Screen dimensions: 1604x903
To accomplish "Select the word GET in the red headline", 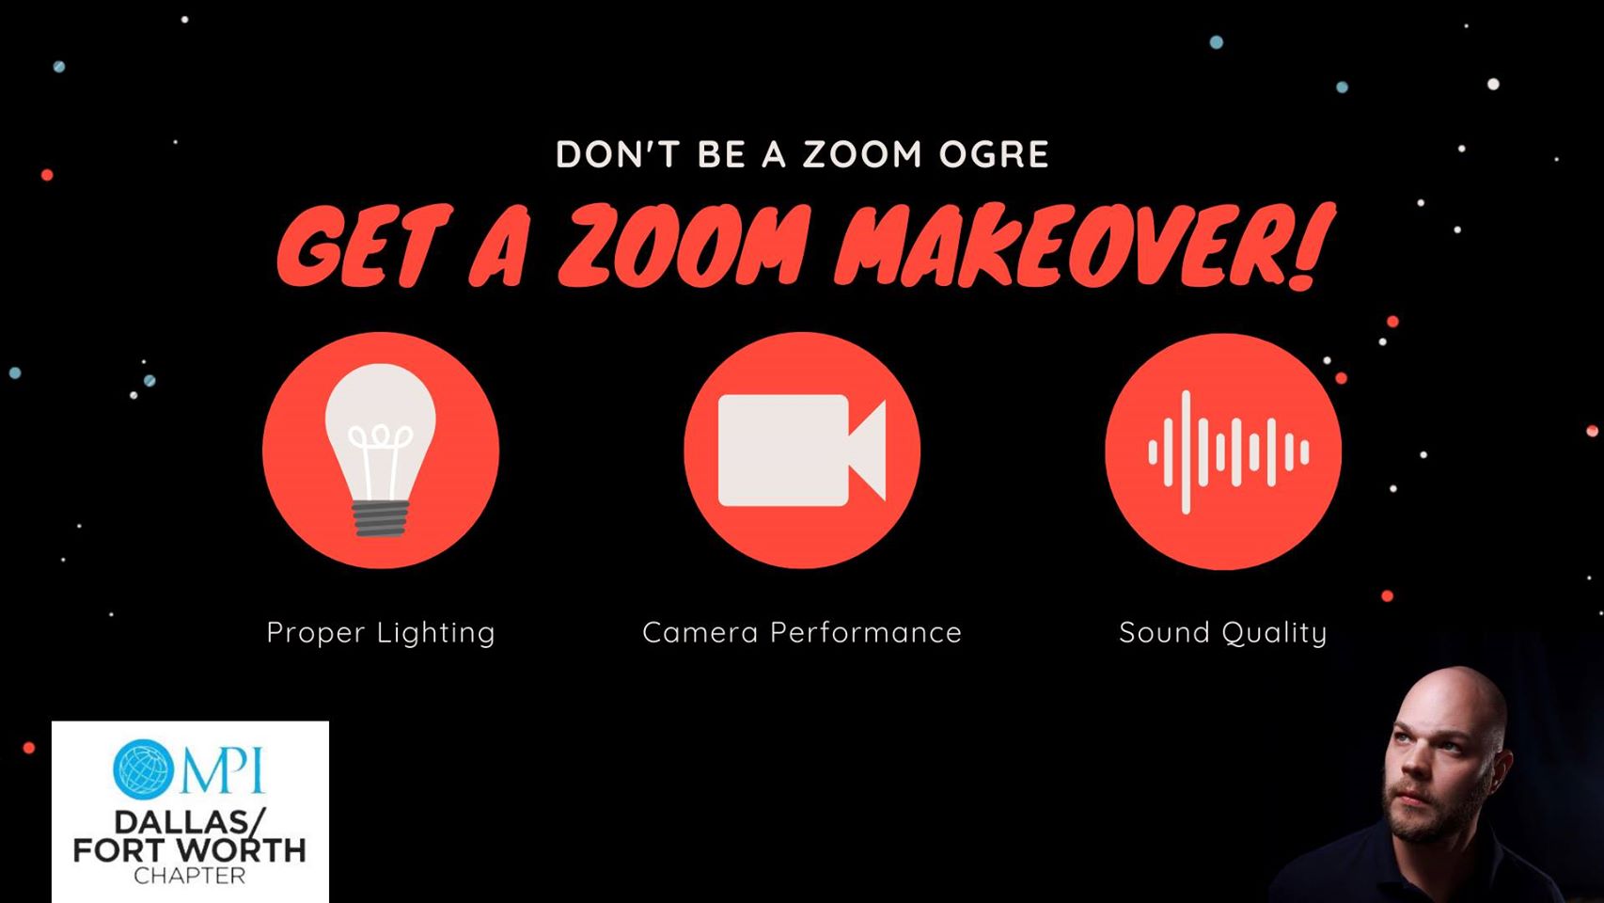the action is pyautogui.click(x=365, y=246).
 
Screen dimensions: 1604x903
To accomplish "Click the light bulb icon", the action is pyautogui.click(x=380, y=450).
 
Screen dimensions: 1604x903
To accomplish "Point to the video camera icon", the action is pyautogui.click(x=802, y=450).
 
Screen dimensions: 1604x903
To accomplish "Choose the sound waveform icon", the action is pyautogui.click(x=1229, y=452).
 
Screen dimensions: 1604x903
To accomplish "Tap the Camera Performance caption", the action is pyautogui.click(x=802, y=632).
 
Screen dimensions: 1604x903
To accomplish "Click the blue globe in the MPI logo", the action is pyautogui.click(x=143, y=769).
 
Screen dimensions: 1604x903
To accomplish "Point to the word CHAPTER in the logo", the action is pyautogui.click(x=190, y=876).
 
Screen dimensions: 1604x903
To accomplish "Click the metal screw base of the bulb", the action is pyautogui.click(x=381, y=518).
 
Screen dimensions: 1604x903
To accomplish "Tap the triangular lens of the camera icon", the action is pyautogui.click(x=868, y=450).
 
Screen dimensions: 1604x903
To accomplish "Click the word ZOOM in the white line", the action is pyautogui.click(x=861, y=154).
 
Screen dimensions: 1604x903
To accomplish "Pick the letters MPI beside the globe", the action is pyautogui.click(x=223, y=770).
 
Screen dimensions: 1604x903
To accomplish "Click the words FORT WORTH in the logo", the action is pyautogui.click(x=190, y=850).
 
